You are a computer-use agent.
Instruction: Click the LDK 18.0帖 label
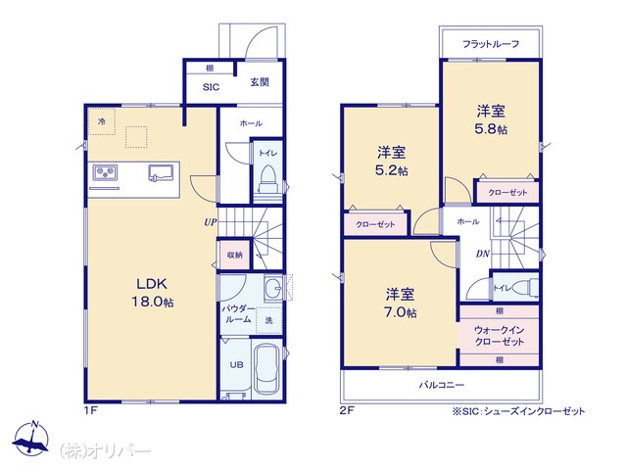153,293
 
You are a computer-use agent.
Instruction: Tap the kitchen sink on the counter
161,173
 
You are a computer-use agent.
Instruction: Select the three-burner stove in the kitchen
105,172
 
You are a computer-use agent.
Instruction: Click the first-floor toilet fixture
267,180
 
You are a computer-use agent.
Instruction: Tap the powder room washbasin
273,287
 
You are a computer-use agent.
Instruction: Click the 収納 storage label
235,255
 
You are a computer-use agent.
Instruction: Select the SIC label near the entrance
211,87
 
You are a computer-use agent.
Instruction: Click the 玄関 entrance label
260,82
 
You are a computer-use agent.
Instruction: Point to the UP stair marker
211,222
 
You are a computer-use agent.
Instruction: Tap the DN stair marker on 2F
483,254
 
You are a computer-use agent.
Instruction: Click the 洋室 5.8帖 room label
491,119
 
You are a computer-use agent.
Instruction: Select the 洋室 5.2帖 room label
392,161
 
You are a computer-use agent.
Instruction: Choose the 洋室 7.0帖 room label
400,303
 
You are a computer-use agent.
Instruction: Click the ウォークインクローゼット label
499,336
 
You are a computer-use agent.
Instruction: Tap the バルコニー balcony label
442,385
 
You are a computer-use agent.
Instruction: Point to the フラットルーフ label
491,43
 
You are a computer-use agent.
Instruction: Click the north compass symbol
31,439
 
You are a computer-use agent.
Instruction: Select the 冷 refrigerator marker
102,121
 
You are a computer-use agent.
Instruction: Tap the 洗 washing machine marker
269,320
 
